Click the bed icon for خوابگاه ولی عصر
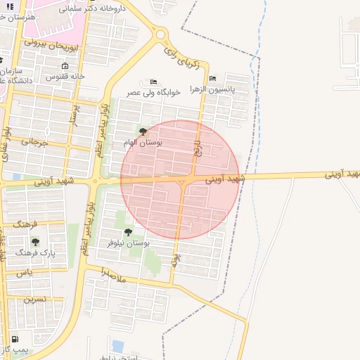click(x=154, y=82)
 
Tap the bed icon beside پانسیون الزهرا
click(x=212, y=78)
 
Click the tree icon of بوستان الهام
click(x=143, y=131)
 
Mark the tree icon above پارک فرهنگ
click(x=35, y=241)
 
